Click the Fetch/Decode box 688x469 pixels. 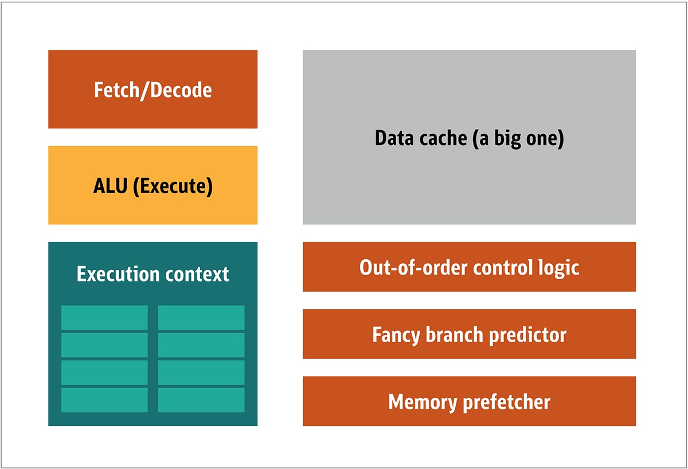pyautogui.click(x=153, y=89)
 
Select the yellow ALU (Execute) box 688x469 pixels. pyautogui.click(x=153, y=185)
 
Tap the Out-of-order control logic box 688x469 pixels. pyautogui.click(x=469, y=267)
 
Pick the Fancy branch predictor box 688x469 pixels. pyautogui.click(x=469, y=334)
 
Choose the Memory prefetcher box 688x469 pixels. pyautogui.click(x=469, y=401)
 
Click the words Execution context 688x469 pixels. pyautogui.click(x=153, y=274)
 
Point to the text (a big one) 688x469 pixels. pyautogui.click(x=518, y=139)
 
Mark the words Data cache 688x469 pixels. pyautogui.click(x=421, y=139)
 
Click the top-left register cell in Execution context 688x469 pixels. pyautogui.click(x=104, y=318)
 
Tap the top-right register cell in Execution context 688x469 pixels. pyautogui.click(x=201, y=318)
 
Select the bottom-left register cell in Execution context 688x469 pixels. pyautogui.click(x=104, y=400)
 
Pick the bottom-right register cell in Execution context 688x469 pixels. pyautogui.click(x=201, y=400)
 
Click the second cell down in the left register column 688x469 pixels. pyautogui.click(x=104, y=345)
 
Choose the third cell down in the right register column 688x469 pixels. pyautogui.click(x=201, y=373)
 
